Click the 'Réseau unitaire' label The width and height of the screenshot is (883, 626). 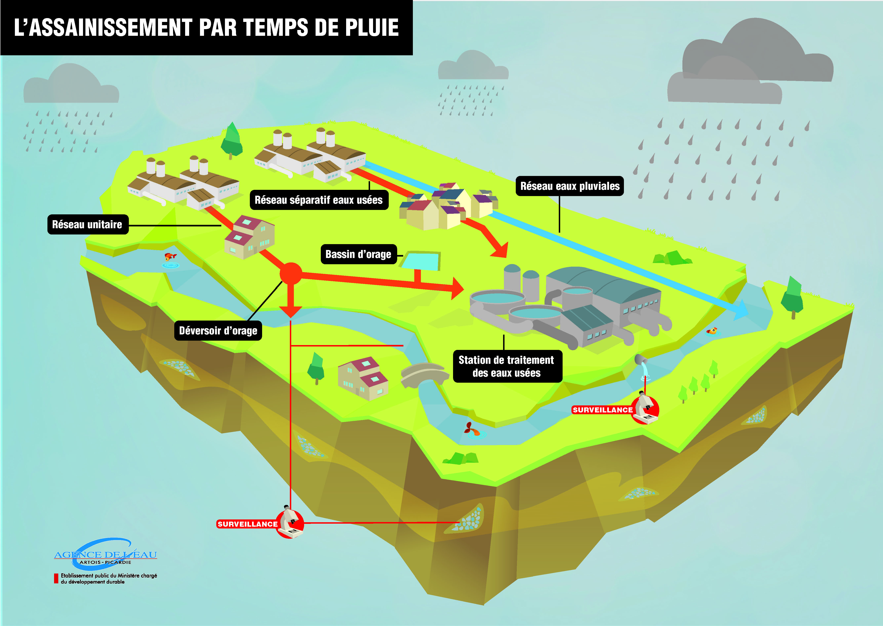pyautogui.click(x=87, y=224)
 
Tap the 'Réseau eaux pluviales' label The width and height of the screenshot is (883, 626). pyautogui.click(x=569, y=186)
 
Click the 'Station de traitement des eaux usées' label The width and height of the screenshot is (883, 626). pyautogui.click(x=507, y=366)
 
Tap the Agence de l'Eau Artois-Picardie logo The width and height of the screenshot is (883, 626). pyautogui.click(x=105, y=555)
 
